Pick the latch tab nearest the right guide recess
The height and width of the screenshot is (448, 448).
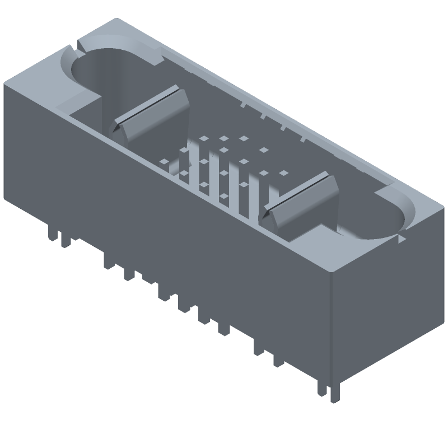click(x=302, y=207)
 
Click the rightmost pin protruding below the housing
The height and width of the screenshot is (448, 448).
click(x=336, y=392)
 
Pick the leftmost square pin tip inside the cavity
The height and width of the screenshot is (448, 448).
click(x=164, y=162)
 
